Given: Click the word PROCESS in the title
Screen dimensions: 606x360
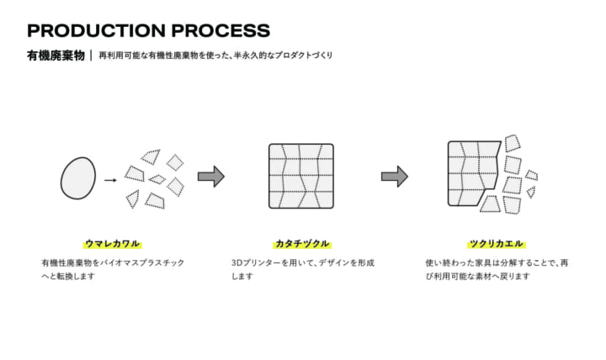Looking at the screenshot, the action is point(221,30).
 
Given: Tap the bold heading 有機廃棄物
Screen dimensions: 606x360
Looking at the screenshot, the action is point(56,56).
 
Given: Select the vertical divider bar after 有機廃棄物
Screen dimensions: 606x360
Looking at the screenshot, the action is point(91,56).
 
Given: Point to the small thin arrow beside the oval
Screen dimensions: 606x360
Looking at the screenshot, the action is point(110,180).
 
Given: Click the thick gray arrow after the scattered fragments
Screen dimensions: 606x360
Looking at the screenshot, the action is point(211,177).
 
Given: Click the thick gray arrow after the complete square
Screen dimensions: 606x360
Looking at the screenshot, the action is point(395,177).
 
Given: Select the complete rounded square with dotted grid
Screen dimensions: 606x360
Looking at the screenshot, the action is point(301,176).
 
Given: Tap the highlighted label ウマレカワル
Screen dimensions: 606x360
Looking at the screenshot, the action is point(113,244).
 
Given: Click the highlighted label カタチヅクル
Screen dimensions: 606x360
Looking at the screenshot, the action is point(302,244).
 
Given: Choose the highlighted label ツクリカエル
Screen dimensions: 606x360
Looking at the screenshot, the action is point(497,244).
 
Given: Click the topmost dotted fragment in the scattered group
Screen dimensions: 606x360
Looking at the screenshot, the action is point(151,156).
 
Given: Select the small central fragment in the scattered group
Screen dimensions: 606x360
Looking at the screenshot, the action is point(157,179).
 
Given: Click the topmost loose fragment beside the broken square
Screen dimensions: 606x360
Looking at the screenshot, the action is point(513,143).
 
